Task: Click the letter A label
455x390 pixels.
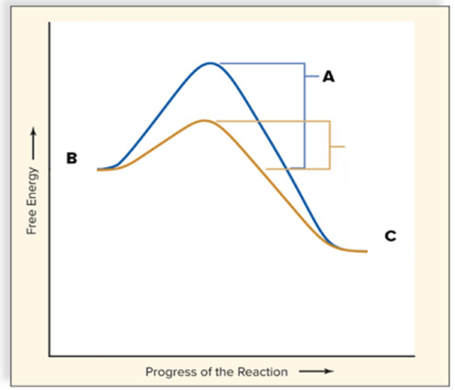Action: [329, 77]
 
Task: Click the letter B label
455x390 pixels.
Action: [71, 158]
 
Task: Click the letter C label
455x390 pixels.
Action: [390, 236]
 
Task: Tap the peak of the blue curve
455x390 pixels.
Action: [211, 63]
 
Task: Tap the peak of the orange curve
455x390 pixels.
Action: [204, 120]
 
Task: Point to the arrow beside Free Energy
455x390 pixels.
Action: [34, 143]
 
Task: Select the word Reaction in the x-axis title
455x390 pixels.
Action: [262, 372]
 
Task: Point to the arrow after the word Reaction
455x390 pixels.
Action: [317, 371]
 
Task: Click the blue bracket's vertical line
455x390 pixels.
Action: [305, 116]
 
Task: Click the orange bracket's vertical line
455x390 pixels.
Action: [329, 145]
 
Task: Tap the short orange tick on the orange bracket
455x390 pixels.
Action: [338, 147]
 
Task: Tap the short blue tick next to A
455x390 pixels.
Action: [312, 77]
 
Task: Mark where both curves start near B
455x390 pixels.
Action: [98, 170]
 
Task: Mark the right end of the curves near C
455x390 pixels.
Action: [367, 252]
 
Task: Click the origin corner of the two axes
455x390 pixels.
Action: [50, 355]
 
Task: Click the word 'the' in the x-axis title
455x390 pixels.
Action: [225, 372]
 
